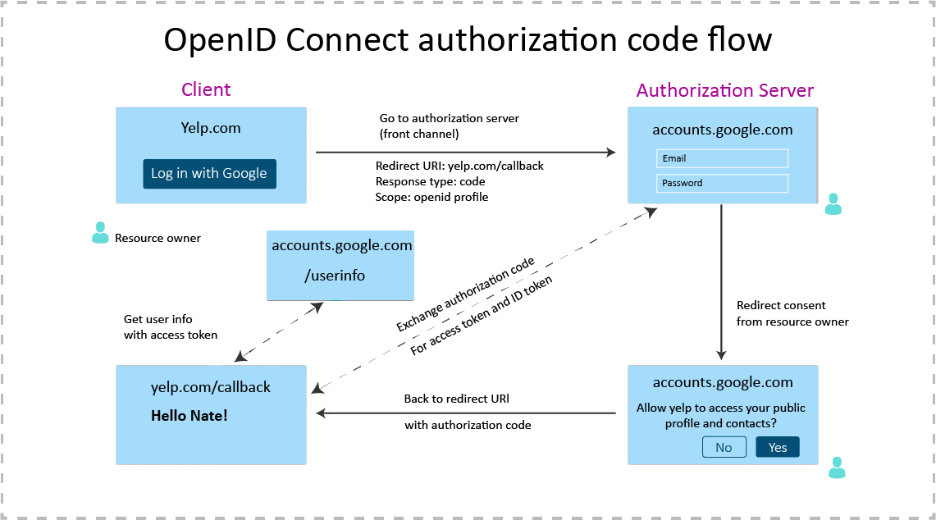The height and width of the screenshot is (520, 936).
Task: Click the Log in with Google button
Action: [x=209, y=174]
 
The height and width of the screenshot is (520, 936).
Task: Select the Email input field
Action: [x=722, y=158]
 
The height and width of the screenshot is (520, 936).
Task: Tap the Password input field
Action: [x=722, y=183]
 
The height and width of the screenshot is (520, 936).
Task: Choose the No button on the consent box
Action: [x=724, y=447]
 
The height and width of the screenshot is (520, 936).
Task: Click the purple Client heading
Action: [x=206, y=90]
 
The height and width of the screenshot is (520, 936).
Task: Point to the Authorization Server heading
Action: [x=725, y=90]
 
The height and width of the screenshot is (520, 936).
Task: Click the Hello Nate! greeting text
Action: [x=189, y=416]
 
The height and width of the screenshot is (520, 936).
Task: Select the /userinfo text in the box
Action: [x=335, y=276]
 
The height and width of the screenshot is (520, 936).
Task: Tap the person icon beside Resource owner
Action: [x=100, y=233]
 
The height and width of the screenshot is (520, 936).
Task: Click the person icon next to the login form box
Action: [x=833, y=204]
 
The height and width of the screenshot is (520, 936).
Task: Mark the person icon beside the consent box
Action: [x=837, y=468]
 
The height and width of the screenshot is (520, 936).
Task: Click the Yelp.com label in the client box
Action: [x=211, y=128]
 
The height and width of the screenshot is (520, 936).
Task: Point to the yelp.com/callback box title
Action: [x=211, y=387]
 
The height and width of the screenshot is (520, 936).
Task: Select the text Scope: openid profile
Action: [x=431, y=197]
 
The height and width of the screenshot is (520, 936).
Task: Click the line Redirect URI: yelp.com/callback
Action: [x=459, y=166]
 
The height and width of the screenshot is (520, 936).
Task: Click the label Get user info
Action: [x=158, y=319]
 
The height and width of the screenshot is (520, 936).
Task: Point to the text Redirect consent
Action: [x=781, y=305]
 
